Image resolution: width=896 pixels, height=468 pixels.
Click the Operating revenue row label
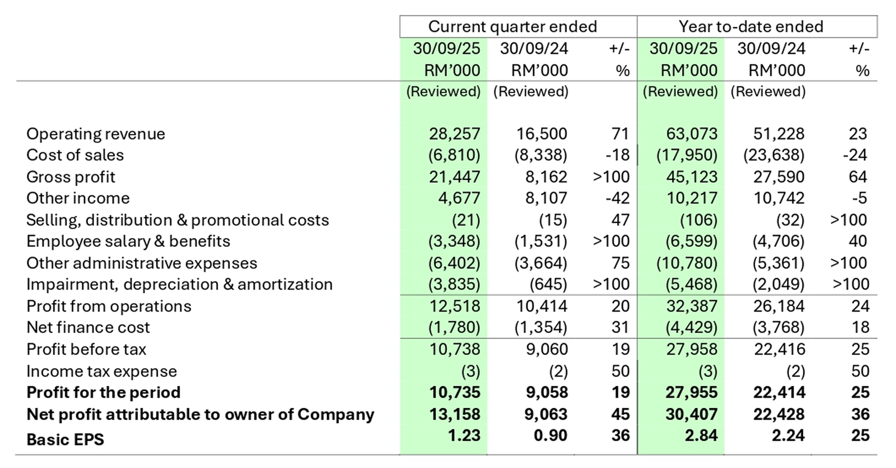96,134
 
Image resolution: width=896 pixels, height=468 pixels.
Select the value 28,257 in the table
454,134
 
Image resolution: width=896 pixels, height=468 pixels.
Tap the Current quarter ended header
512,26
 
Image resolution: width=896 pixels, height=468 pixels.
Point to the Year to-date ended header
751,26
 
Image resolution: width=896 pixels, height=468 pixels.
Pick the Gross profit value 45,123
691,177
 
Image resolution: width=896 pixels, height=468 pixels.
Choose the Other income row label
78,198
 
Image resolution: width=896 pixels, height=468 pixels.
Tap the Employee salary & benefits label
128,241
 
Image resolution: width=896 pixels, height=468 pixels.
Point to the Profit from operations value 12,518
454,306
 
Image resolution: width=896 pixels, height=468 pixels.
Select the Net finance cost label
88,328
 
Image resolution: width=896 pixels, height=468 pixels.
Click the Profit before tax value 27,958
691,350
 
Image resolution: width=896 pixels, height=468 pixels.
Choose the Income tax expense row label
102,371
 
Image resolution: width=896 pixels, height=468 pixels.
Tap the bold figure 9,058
546,393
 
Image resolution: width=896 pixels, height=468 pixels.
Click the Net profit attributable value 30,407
691,414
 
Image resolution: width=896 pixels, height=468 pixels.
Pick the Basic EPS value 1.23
463,436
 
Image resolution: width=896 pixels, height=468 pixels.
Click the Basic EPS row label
65,440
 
